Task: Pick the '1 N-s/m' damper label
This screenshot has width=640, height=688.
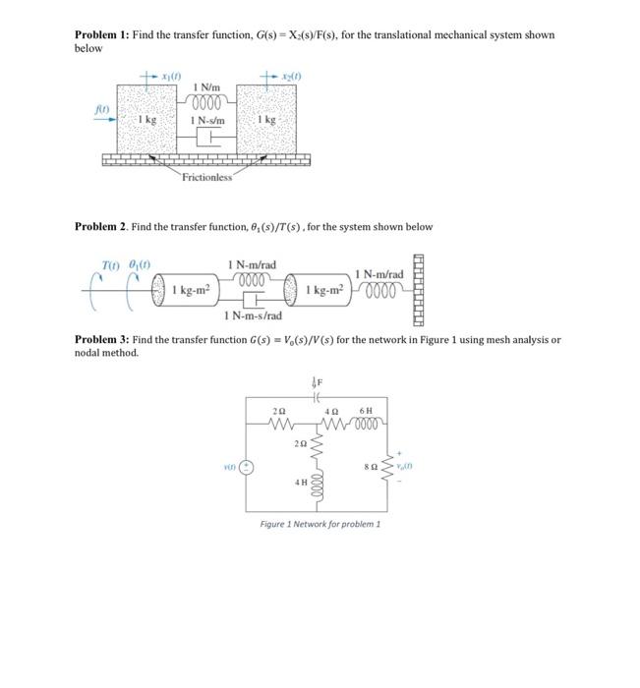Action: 209,121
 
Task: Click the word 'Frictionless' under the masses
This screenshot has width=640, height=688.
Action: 205,177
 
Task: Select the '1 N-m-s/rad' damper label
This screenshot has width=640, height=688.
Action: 253,315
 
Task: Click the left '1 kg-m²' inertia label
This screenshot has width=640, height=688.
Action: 193,290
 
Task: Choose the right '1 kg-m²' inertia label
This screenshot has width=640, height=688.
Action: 325,290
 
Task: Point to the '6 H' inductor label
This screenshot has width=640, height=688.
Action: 366,410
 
